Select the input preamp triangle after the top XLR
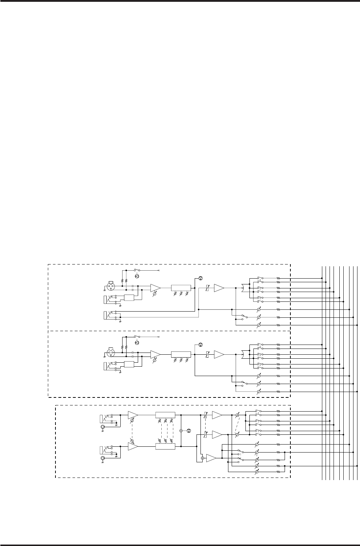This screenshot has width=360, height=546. pos(155,288)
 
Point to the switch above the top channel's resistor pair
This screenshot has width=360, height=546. pos(137,270)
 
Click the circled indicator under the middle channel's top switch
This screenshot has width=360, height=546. pos(137,343)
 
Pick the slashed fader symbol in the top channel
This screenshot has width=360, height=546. pos(207,288)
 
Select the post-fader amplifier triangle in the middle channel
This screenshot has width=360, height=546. pos(219,354)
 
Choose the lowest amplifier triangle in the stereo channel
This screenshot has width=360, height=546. pos(211,458)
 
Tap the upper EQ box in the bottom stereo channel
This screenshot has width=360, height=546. pos(165,414)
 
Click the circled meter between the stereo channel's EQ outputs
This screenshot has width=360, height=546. pos(189,430)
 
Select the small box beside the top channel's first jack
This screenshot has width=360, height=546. pos(129,298)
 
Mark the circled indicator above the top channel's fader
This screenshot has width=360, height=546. pos(200,278)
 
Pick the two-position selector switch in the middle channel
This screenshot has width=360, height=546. pos(244,383)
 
